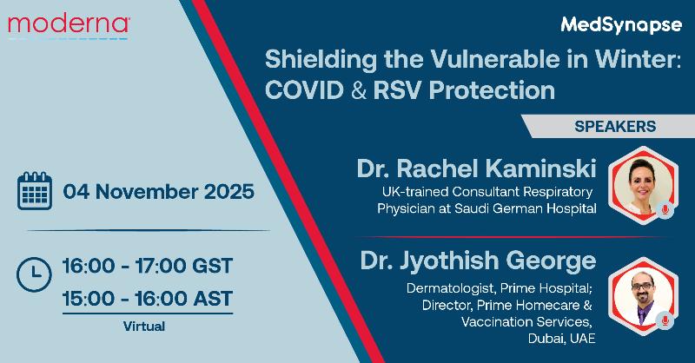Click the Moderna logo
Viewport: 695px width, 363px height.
[69, 26]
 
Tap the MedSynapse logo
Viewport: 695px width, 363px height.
[621, 25]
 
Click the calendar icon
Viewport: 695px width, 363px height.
[35, 191]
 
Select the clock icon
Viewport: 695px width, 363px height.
[34, 274]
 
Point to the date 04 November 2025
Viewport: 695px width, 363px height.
[159, 191]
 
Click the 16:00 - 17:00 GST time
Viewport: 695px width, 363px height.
[148, 266]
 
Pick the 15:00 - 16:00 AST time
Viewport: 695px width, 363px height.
[148, 298]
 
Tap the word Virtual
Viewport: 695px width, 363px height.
[144, 327]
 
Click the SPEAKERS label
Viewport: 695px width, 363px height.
[615, 126]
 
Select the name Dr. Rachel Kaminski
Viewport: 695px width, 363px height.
[476, 168]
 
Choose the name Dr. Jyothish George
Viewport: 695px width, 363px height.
[479, 261]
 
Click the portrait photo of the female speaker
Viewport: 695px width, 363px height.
[643, 185]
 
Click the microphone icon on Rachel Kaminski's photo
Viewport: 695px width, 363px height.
[665, 209]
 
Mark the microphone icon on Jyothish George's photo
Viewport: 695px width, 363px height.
[665, 320]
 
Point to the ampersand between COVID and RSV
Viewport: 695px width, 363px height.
[358, 90]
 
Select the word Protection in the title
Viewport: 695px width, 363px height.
[492, 90]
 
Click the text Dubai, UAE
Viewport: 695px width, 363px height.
[561, 339]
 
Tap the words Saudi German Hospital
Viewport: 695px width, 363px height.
[526, 208]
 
